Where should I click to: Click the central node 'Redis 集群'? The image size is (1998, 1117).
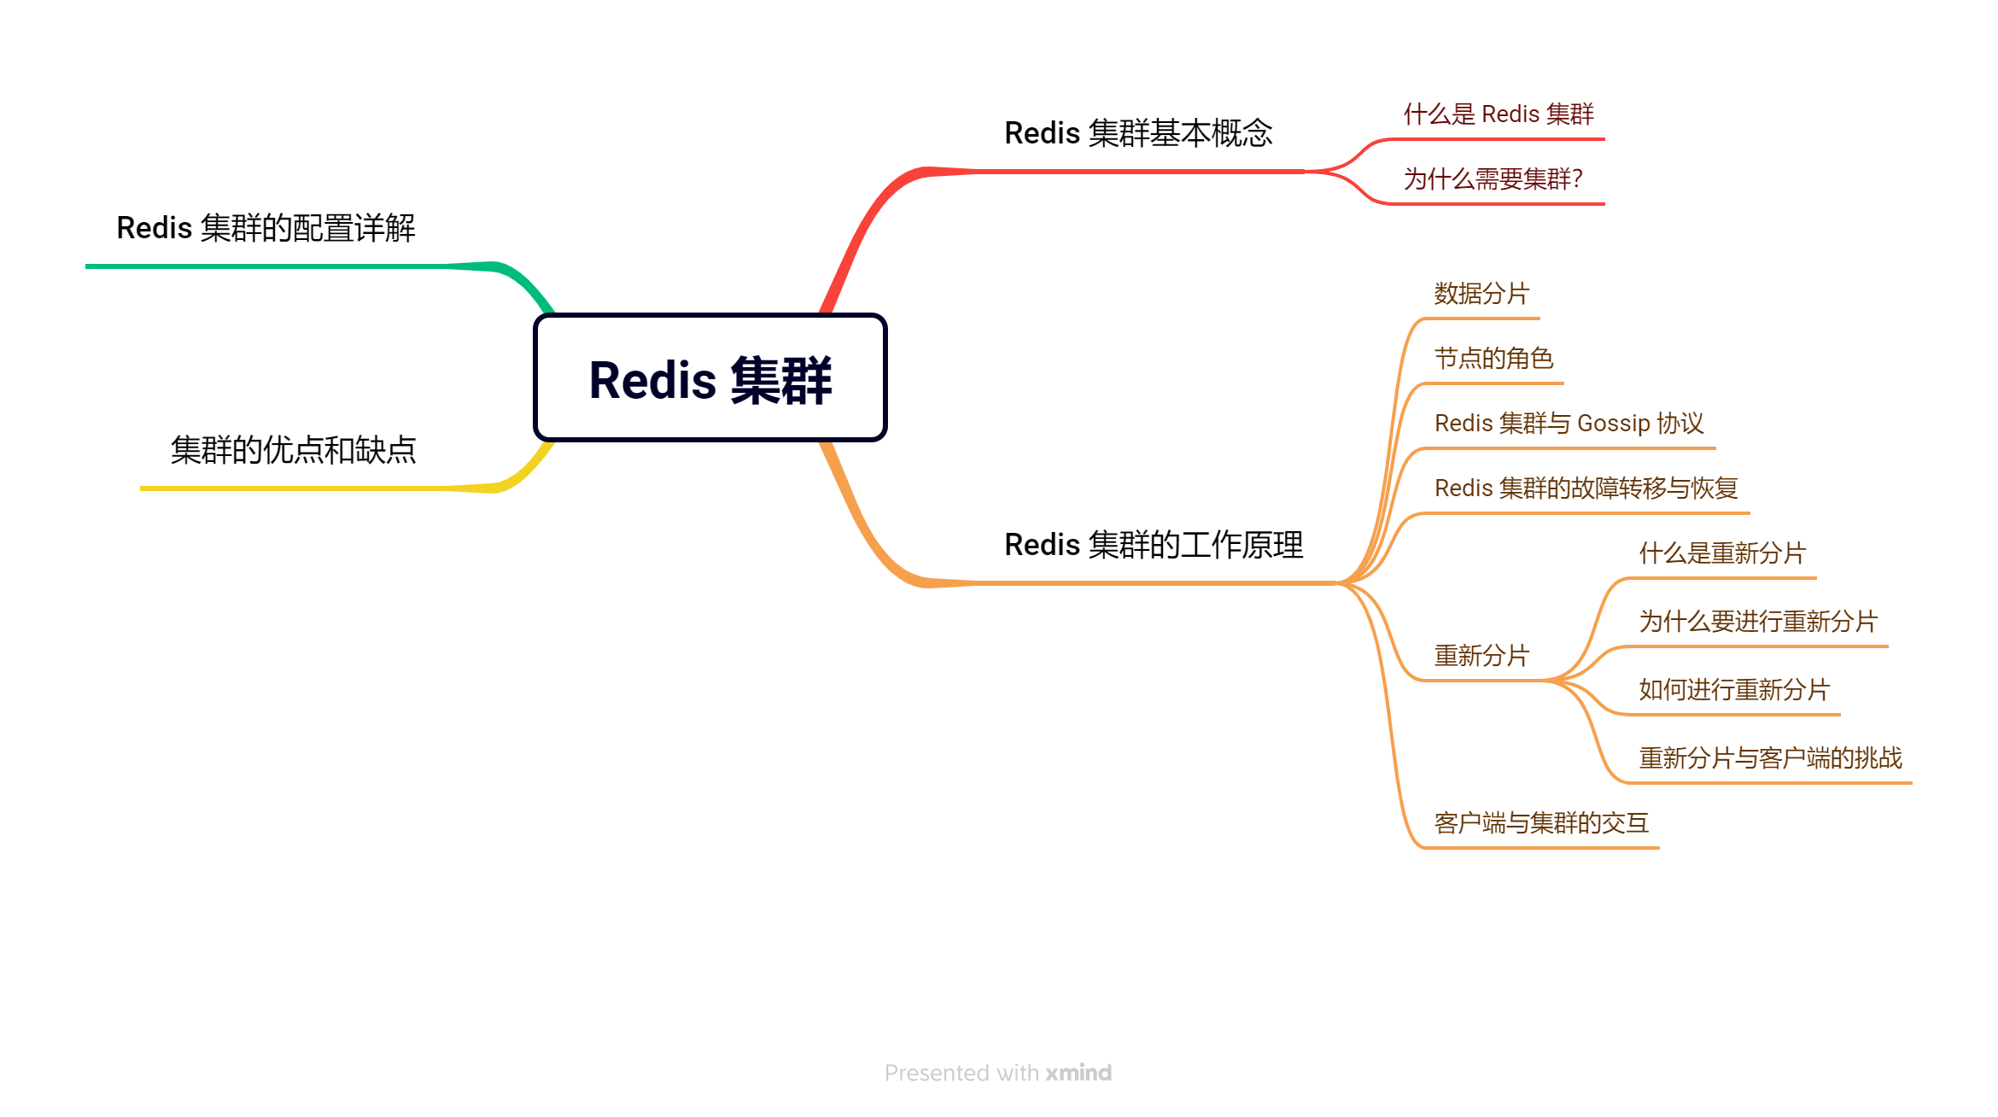(710, 378)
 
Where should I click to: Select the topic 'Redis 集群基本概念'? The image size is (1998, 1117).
(1137, 134)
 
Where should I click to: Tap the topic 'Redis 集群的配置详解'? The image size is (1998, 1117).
(266, 229)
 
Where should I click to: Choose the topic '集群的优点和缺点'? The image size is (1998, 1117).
(293, 451)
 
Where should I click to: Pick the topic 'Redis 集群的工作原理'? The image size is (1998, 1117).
(1153, 545)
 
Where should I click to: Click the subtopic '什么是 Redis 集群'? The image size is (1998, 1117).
(1498, 114)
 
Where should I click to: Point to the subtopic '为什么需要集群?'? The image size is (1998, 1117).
(1493, 179)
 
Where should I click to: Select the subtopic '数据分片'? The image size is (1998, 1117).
(1481, 294)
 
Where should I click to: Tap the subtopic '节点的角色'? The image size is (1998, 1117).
(1493, 359)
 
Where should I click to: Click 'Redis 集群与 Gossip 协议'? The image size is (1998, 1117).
(1569, 424)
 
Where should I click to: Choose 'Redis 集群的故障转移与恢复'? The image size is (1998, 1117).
(1586, 488)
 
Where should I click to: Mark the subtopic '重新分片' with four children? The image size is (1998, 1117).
(1481, 656)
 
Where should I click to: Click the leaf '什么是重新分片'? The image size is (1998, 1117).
(1722, 553)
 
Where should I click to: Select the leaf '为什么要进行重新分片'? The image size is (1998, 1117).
(1758, 622)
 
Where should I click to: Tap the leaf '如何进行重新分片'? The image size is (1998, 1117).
(1734, 690)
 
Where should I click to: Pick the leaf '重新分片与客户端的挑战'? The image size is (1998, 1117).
(1770, 758)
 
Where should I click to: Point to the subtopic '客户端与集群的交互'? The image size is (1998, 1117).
(1541, 823)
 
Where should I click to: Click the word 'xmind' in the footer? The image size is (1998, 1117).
(1078, 1073)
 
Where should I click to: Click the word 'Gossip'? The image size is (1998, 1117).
(1613, 424)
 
